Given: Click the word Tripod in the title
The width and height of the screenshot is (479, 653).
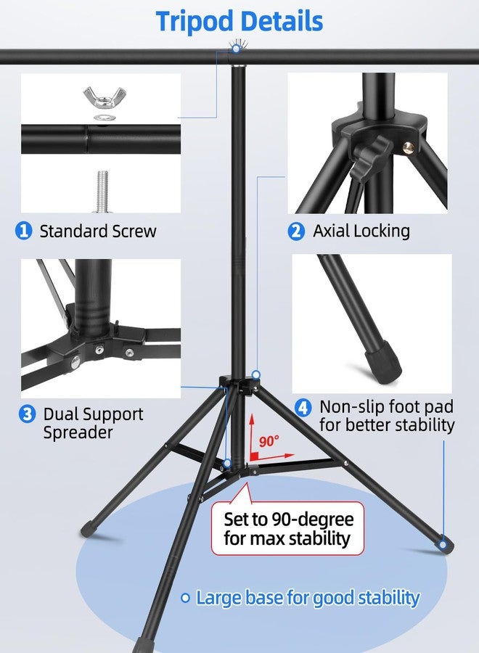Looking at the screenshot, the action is (194, 22).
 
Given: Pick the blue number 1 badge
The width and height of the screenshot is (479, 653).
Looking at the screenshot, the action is (24, 230).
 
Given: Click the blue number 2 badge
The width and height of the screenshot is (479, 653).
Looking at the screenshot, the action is (296, 231).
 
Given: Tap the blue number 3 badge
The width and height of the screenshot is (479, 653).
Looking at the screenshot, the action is (27, 414).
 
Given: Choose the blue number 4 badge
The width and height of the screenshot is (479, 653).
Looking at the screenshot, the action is (303, 407).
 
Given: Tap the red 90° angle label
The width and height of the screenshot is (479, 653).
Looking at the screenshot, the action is (269, 441).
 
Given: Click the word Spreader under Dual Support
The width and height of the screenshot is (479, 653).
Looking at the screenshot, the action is (78, 432).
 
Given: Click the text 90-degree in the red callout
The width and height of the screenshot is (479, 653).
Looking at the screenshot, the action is (312, 519).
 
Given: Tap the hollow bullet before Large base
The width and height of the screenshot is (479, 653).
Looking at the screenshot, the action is (185, 599).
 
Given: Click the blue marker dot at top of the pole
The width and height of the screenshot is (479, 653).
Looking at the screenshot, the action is (236, 49).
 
